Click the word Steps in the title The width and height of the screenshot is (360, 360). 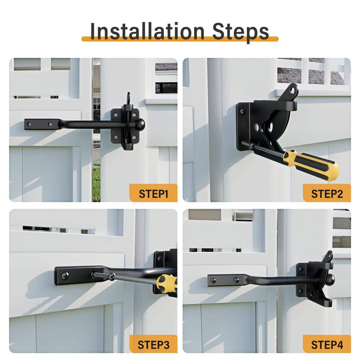pos(240,32)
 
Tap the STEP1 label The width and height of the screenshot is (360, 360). pos(153,194)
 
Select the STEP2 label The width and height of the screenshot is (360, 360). pos(327,194)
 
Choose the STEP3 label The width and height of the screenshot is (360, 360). pos(153,345)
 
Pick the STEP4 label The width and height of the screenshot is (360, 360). pos(327,345)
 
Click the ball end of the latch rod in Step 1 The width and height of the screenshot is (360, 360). pos(140,124)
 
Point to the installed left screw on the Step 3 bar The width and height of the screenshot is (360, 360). pos(66,275)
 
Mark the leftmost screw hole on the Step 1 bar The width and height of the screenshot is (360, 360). pos(29,124)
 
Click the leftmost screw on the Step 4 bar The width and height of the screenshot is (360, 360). pos(213,280)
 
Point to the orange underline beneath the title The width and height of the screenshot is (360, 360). pos(180,39)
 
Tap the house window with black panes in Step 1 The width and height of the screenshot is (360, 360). pos(166,88)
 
